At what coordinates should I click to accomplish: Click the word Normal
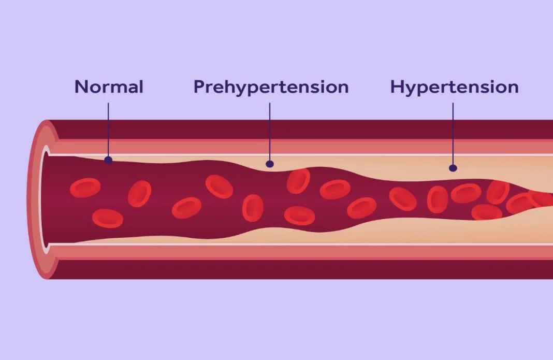coord(109,87)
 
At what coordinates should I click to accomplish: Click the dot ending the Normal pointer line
coord(108,160)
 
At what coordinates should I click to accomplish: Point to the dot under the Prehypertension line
coord(270,164)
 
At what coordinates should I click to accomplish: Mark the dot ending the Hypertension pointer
coord(453,168)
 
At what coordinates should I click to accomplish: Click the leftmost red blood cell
coord(85,188)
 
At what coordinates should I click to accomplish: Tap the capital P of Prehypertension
coord(199,87)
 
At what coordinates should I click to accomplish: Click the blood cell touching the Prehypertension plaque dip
coord(298,181)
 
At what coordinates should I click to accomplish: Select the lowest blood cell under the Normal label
coord(108,218)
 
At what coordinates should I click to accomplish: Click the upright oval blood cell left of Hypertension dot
coord(438,199)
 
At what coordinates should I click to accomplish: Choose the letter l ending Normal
coord(141,87)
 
